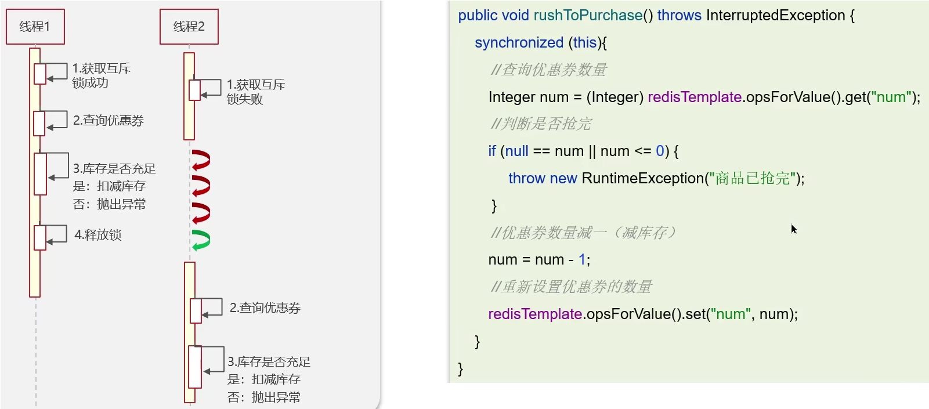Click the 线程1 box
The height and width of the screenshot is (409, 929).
pyautogui.click(x=35, y=27)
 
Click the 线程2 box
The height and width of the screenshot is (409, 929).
pyautogui.click(x=189, y=27)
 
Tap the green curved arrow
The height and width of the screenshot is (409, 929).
pyautogui.click(x=201, y=240)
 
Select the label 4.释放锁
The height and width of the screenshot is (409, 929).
pyautogui.click(x=97, y=235)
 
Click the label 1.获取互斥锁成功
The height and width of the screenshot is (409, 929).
pyautogui.click(x=101, y=75)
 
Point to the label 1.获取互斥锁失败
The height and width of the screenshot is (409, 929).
pyautogui.click(x=255, y=92)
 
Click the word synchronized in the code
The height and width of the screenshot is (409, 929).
pyautogui.click(x=519, y=43)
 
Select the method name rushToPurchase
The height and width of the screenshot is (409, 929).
pyautogui.click(x=588, y=16)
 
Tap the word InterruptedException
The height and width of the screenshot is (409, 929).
pyautogui.click(x=775, y=16)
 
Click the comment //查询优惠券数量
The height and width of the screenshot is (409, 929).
pyautogui.click(x=548, y=70)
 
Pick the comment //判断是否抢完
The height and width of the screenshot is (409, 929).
pyautogui.click(x=541, y=124)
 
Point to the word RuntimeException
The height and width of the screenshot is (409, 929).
pyautogui.click(x=642, y=178)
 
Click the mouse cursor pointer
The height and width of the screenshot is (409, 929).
pyautogui.click(x=793, y=229)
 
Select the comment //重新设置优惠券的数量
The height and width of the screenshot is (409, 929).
pyautogui.click(x=571, y=287)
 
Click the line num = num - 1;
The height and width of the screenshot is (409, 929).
pyautogui.click(x=539, y=260)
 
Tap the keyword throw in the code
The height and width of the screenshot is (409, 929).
pyautogui.click(x=527, y=178)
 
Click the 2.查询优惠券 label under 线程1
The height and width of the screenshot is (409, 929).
pyautogui.click(x=109, y=121)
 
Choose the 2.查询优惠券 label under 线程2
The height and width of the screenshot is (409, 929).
pyautogui.click(x=265, y=308)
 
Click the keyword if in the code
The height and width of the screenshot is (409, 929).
pyautogui.click(x=492, y=151)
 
